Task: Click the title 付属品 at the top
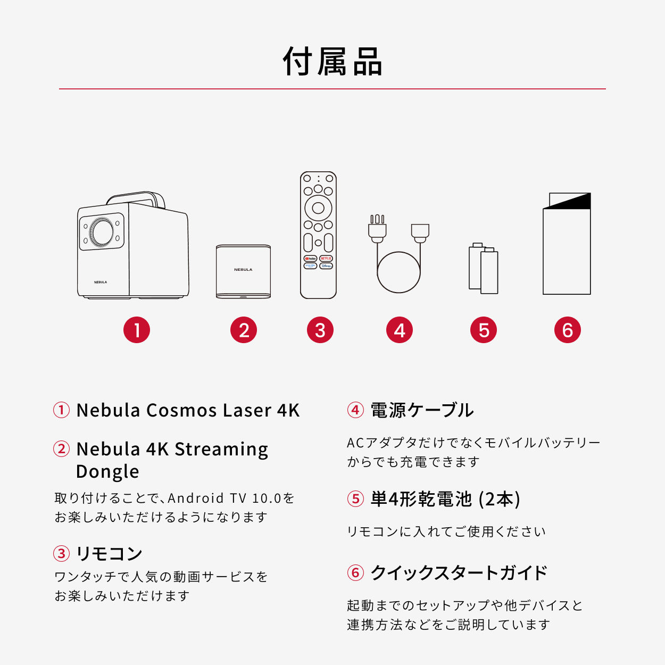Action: pyautogui.click(x=332, y=62)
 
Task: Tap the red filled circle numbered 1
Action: pyautogui.click(x=137, y=330)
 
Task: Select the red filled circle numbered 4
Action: pyautogui.click(x=400, y=330)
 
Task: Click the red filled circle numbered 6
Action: pyautogui.click(x=567, y=330)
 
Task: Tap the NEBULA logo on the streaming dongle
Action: pyautogui.click(x=243, y=270)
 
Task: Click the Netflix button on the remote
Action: pyautogui.click(x=326, y=258)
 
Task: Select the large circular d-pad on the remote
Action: pyautogui.click(x=318, y=207)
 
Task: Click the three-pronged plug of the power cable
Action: pyautogui.click(x=377, y=228)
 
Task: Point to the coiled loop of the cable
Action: pyautogui.click(x=398, y=272)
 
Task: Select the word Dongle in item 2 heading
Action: pyautogui.click(x=107, y=472)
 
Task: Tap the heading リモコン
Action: pyautogui.click(x=109, y=554)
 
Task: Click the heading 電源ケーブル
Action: pyautogui.click(x=422, y=410)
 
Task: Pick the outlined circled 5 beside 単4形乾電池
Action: pyautogui.click(x=355, y=499)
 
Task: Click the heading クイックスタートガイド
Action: pyautogui.click(x=459, y=573)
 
